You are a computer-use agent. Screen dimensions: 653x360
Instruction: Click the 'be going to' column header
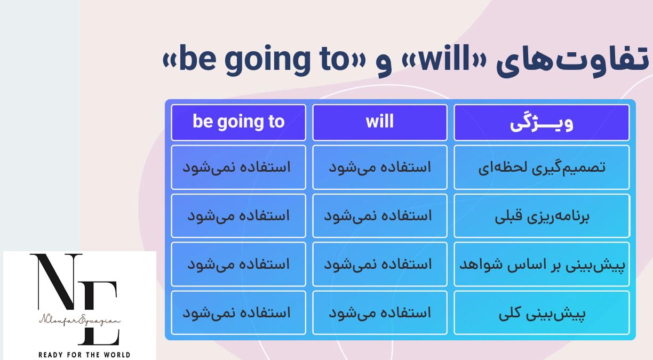click(238, 123)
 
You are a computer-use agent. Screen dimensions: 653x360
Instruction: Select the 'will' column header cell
click(380, 123)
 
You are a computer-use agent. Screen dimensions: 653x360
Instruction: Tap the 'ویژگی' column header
click(541, 123)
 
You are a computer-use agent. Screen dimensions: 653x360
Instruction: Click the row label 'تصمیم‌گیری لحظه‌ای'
click(541, 167)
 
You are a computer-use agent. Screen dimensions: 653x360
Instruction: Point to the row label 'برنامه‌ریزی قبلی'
click(541, 216)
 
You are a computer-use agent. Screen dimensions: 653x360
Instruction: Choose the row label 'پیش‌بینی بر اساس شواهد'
click(541, 265)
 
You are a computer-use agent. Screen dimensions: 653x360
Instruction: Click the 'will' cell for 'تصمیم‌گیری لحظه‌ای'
click(380, 167)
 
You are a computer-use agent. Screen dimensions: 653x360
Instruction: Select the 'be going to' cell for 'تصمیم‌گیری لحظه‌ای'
click(238, 167)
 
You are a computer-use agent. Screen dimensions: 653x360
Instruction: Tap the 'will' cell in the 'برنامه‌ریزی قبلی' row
click(380, 216)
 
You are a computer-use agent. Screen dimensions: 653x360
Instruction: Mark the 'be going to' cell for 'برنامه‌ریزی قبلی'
click(238, 216)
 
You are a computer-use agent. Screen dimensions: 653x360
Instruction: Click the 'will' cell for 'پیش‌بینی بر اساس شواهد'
click(380, 265)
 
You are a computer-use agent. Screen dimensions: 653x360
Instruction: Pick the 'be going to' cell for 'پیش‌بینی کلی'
click(238, 313)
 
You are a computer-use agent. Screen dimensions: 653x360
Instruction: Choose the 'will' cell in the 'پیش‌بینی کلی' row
click(380, 313)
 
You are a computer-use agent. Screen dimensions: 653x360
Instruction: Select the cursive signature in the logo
click(79, 320)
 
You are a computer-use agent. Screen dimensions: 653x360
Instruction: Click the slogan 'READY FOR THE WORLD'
click(84, 355)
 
